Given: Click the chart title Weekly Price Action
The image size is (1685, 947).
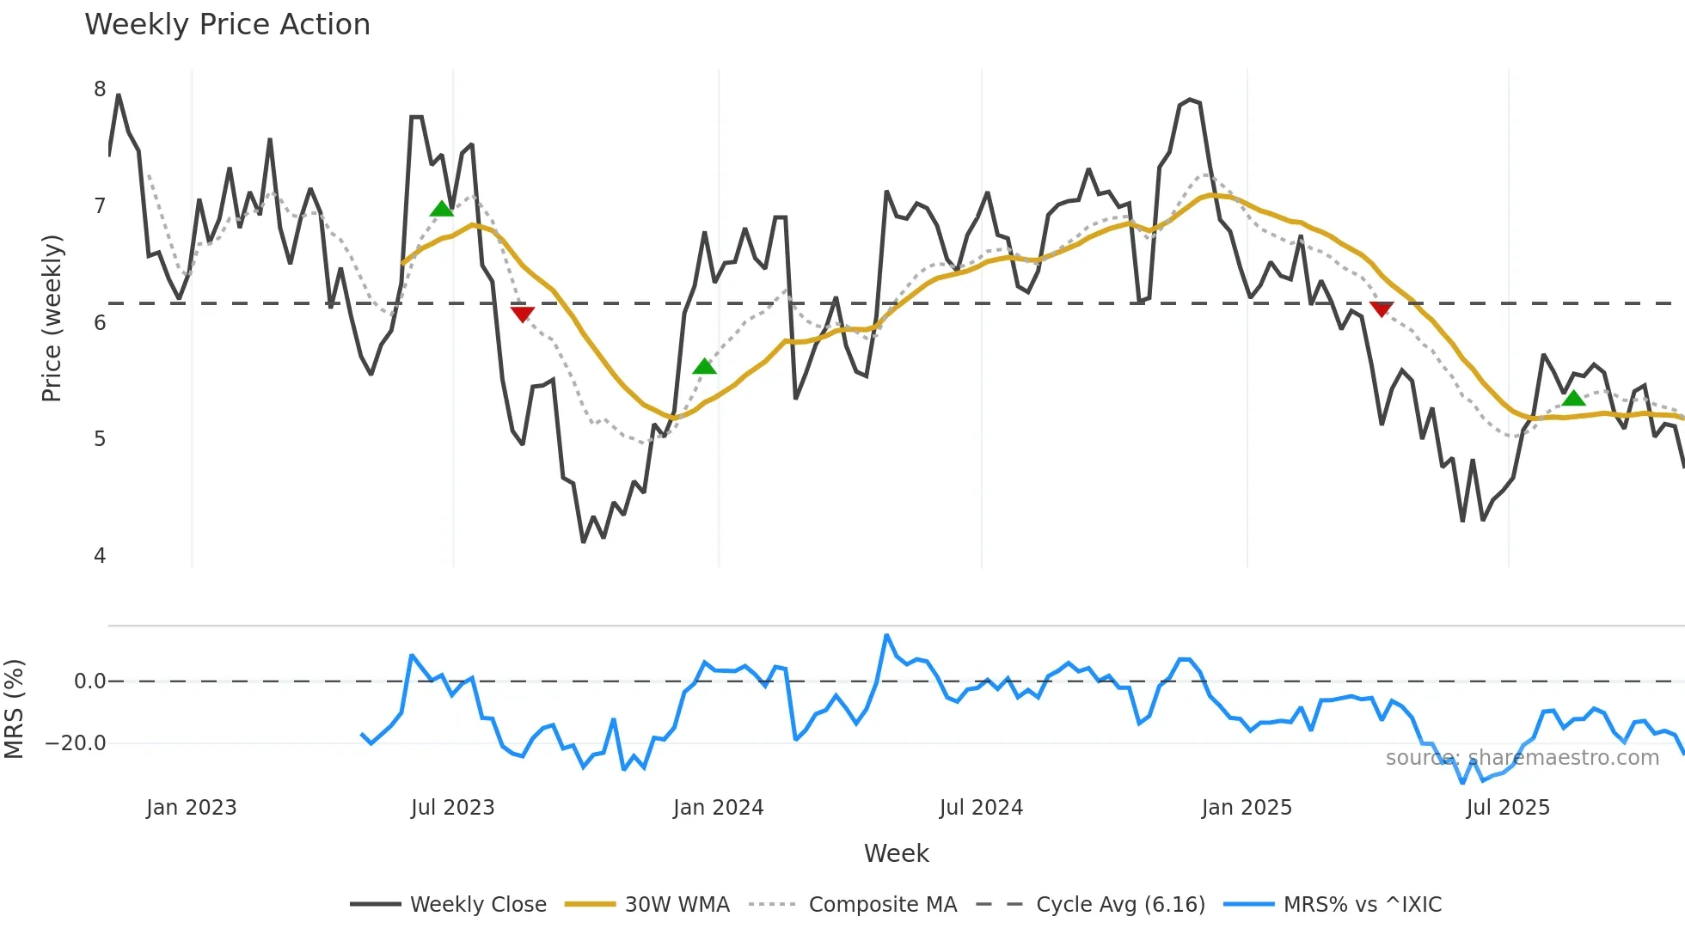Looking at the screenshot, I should [x=227, y=25].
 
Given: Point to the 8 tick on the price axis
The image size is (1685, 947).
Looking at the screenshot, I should [x=100, y=89].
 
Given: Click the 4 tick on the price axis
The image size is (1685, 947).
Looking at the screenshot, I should [x=100, y=556].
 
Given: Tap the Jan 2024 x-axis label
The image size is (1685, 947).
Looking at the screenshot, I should [x=718, y=808].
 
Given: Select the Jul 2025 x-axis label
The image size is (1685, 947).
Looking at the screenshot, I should [x=1508, y=808].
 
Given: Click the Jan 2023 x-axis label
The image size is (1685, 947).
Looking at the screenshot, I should [x=191, y=808].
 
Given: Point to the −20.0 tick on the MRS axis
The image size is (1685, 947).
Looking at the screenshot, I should [x=76, y=743].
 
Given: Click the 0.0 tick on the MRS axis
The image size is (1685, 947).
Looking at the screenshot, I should [x=89, y=681].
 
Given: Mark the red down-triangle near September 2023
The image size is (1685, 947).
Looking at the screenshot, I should [x=522, y=315].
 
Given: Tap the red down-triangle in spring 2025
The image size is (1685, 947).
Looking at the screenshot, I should [x=1382, y=309].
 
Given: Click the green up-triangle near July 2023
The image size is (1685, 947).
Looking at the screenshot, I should [x=441, y=209].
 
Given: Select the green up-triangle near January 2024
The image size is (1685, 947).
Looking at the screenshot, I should [x=704, y=367].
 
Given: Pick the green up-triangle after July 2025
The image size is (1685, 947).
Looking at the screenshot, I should [x=1573, y=398].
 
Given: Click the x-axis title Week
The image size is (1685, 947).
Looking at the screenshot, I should [x=896, y=853].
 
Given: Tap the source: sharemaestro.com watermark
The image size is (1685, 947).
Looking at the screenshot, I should [x=1522, y=758].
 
